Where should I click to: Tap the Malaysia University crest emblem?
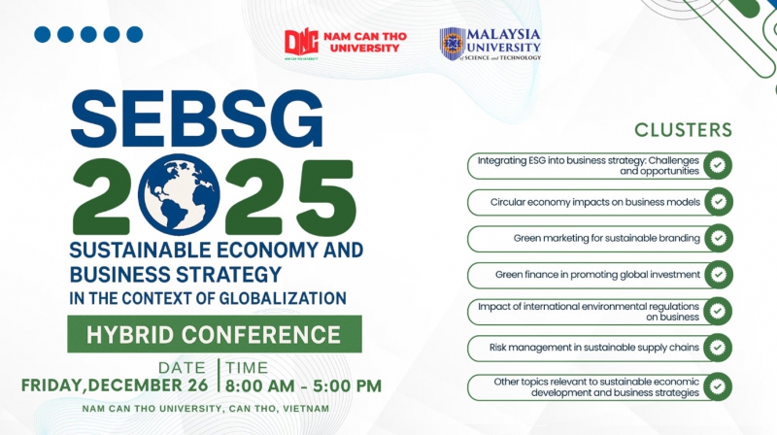coord(452,44)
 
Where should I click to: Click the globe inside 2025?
coord(179,195)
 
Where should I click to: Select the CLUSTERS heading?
coord(683,130)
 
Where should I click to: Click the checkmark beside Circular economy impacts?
coord(718,202)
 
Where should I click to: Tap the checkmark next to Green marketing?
coord(718,238)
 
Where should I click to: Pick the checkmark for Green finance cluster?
coord(718,275)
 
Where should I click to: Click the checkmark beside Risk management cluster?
coord(718,348)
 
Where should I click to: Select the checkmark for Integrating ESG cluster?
coord(718,165)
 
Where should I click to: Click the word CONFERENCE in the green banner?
coord(261,335)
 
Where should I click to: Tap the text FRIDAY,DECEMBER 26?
coord(115,385)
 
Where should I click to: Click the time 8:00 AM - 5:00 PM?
coord(303,385)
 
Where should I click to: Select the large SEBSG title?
coord(197,118)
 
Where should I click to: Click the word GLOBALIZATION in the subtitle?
coord(283,298)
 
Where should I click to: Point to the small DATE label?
coord(182,368)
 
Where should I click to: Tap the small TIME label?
coord(247,368)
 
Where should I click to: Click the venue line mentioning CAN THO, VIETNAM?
coord(206,409)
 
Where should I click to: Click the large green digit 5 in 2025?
coord(325,197)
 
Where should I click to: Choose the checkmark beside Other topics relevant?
coord(718,386)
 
